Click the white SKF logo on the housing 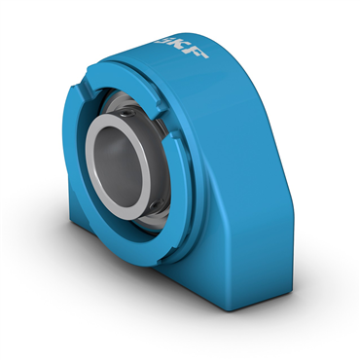(181, 48)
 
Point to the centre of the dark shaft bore (119, 166)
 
